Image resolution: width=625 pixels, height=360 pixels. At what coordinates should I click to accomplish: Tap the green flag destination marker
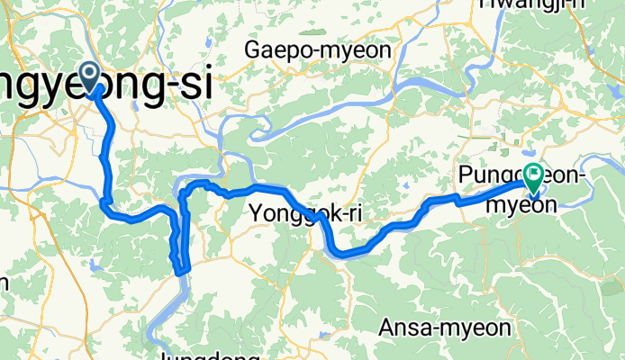(x=534, y=178)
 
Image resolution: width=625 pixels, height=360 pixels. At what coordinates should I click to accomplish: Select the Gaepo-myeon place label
(x=318, y=50)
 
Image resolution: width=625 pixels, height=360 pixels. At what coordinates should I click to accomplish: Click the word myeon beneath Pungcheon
(x=521, y=204)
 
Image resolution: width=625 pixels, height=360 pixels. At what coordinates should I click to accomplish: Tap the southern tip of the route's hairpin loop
(x=183, y=268)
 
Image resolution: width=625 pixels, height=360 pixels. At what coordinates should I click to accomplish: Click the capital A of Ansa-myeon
(x=388, y=327)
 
